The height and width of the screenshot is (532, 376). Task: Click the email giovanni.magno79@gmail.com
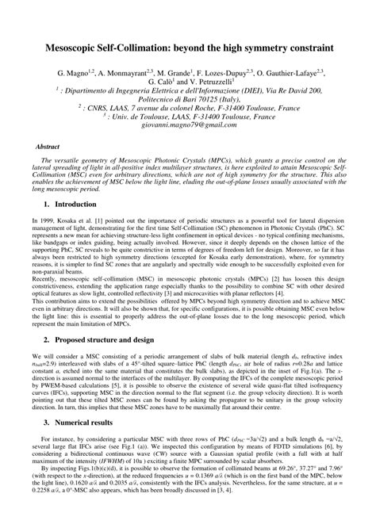[x=187, y=127]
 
